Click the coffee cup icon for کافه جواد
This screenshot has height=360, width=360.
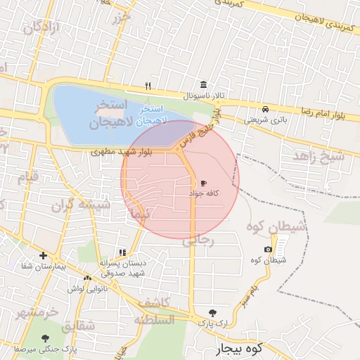click(x=204, y=182)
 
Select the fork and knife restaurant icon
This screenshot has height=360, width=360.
click(x=148, y=86)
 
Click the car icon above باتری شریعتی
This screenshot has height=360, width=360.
click(x=265, y=110)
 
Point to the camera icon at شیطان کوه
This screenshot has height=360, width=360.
click(x=268, y=250)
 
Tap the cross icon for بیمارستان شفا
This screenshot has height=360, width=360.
click(x=44, y=256)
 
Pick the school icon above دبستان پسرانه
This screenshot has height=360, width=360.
click(x=122, y=252)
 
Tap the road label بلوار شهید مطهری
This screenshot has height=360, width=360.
click(x=122, y=152)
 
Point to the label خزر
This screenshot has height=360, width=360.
click(x=122, y=15)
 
